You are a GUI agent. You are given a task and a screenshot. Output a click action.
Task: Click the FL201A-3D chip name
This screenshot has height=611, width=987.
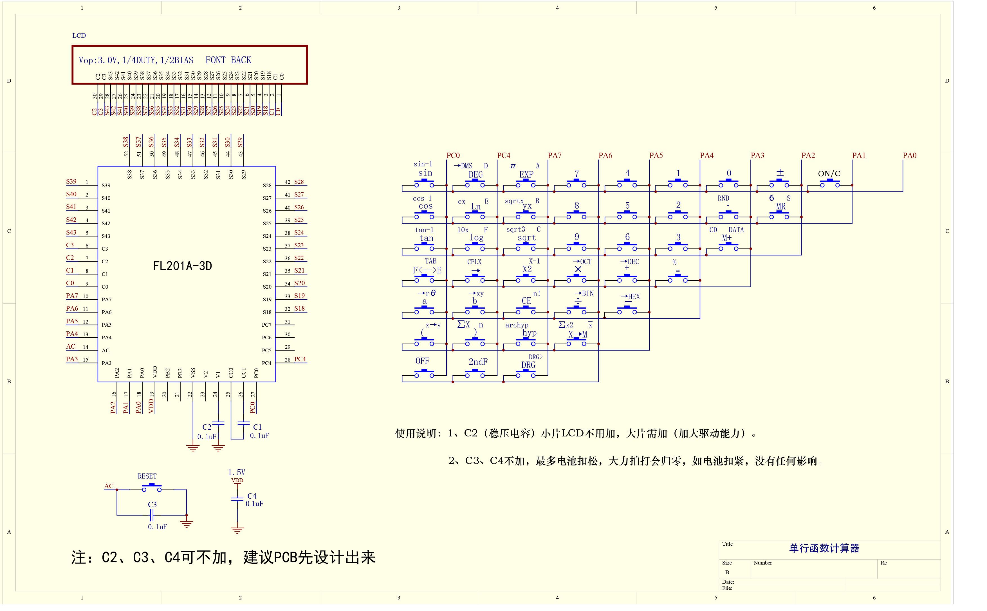pyautogui.click(x=183, y=266)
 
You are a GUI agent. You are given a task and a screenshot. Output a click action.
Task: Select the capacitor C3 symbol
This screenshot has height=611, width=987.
pyautogui.click(x=152, y=515)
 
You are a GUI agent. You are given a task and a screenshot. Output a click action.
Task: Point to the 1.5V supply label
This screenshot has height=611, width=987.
pyautogui.click(x=237, y=472)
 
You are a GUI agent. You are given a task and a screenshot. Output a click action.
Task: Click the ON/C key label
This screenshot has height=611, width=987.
pyautogui.click(x=829, y=174)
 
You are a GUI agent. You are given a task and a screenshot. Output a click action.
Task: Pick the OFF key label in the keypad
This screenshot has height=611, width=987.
pyautogui.click(x=422, y=361)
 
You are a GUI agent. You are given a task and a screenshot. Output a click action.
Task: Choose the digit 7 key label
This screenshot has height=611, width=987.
pyautogui.click(x=577, y=174)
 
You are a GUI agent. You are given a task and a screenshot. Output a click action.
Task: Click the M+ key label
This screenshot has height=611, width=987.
pyautogui.click(x=727, y=238)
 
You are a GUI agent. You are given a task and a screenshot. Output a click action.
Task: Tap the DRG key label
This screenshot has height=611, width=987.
pyautogui.click(x=528, y=365)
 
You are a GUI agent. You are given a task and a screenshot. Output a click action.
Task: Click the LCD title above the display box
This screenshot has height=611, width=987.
pyautogui.click(x=79, y=35)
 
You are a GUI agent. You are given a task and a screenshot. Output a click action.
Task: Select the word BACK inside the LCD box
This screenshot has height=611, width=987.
pyautogui.click(x=241, y=60)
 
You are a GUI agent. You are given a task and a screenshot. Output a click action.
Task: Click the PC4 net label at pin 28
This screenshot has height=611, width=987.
pyautogui.click(x=300, y=359)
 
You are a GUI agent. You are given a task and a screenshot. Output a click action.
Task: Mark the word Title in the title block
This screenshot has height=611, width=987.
pyautogui.click(x=727, y=544)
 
